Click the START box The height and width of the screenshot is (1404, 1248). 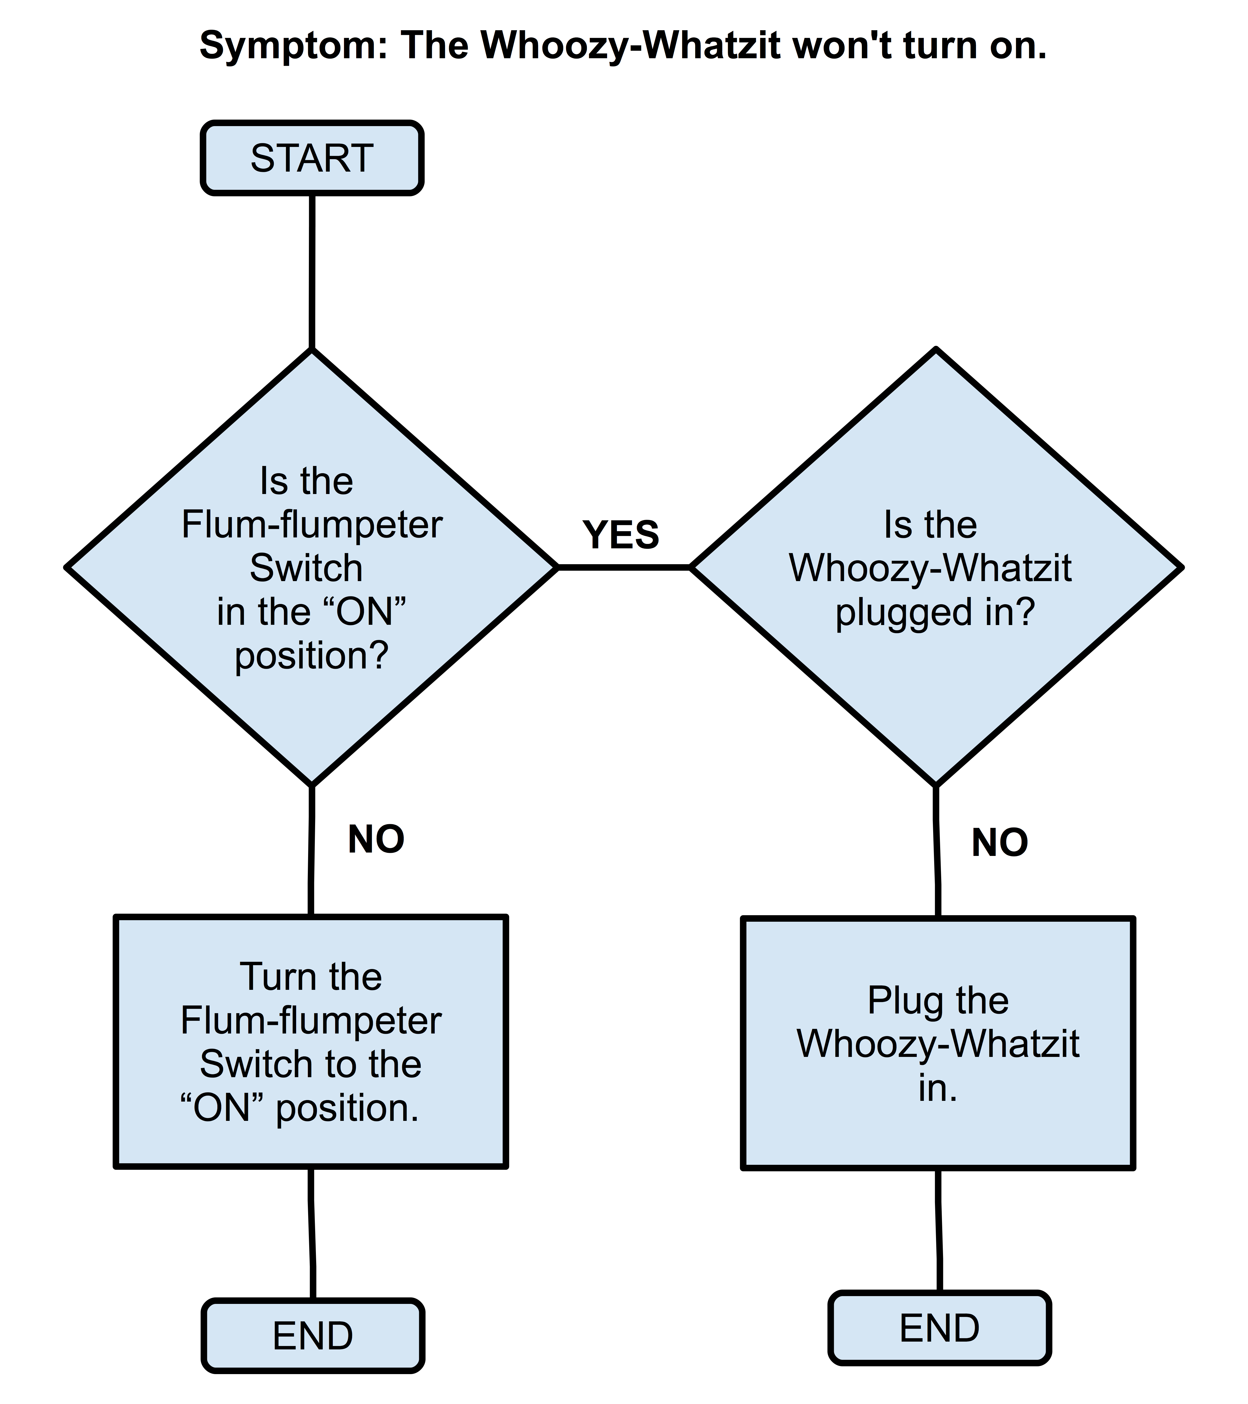[x=312, y=158]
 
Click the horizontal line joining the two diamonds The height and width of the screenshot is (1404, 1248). [x=624, y=567]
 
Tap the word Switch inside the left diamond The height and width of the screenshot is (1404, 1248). [x=306, y=568]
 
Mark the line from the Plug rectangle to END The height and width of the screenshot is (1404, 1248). [x=938, y=1230]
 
